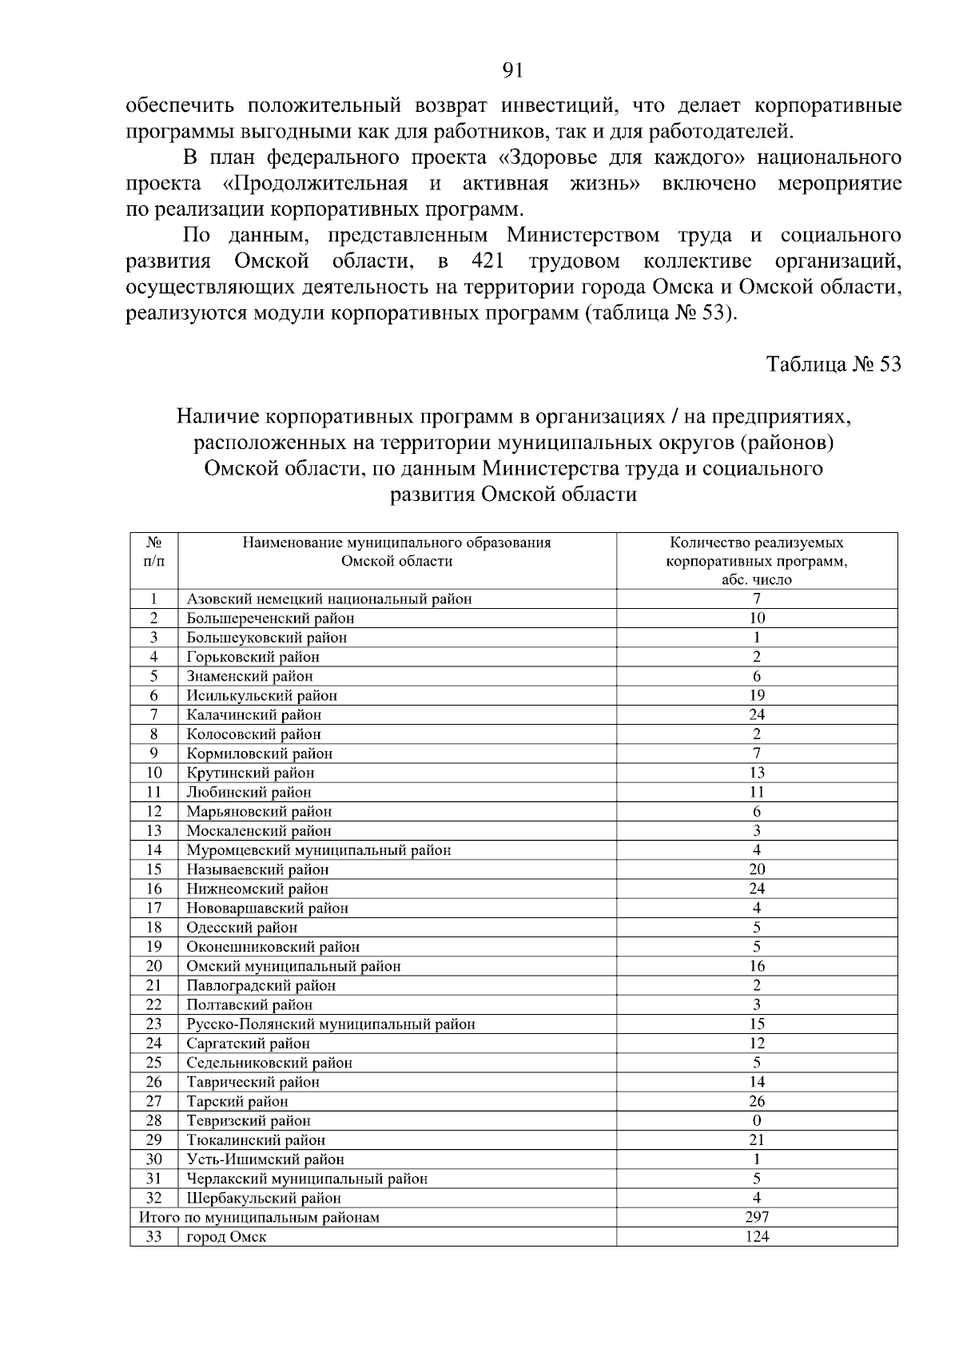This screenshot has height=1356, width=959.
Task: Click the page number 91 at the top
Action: point(512,71)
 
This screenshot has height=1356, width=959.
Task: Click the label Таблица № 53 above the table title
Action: point(834,364)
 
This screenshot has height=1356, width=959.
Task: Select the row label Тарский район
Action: point(237,1101)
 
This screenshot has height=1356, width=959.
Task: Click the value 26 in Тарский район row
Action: point(756,1101)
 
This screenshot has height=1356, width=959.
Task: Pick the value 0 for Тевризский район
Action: point(756,1120)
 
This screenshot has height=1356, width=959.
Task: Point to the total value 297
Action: point(756,1217)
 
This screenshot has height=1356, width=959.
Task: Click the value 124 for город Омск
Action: point(756,1236)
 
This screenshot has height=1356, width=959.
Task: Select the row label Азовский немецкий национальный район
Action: point(329,598)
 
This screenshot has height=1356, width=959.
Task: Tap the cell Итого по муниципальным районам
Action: point(259,1217)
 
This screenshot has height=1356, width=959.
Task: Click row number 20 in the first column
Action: point(153,966)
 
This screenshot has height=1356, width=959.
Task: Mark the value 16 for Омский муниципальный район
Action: point(756,966)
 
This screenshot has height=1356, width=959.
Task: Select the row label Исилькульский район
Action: point(262,695)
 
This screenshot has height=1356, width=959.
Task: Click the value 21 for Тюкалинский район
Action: point(756,1139)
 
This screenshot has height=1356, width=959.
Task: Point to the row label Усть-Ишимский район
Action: point(265,1159)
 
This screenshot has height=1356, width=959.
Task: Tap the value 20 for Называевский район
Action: point(756,869)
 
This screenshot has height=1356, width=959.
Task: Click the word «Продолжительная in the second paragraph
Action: point(314,184)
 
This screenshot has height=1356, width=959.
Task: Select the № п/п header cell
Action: point(153,552)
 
